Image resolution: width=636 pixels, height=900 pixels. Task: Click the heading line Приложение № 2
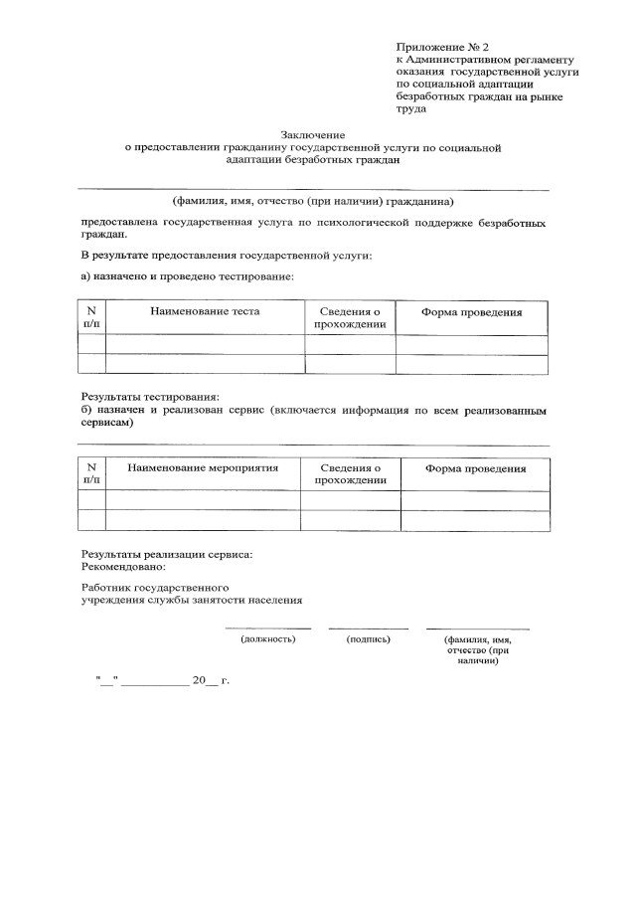[443, 47]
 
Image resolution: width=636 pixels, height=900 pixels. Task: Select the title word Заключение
[312, 134]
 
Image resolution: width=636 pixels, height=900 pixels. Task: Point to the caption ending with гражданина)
[312, 198]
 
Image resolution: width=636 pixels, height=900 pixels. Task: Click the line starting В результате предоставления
[227, 256]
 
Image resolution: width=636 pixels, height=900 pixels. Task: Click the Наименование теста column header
[205, 311]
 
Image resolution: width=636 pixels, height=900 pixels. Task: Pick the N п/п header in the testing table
[91, 317]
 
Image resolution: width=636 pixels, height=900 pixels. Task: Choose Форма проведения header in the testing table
[471, 312]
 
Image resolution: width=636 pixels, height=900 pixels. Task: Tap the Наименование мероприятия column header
[202, 467]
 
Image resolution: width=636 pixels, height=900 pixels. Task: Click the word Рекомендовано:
[123, 566]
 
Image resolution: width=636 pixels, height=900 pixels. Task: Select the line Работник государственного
[155, 588]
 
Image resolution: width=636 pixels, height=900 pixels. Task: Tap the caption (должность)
[268, 638]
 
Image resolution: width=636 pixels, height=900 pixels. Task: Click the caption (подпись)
[368, 638]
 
